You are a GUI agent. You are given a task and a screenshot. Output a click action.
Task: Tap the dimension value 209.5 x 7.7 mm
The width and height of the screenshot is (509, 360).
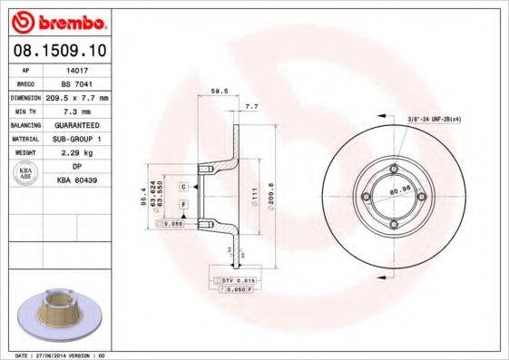77,97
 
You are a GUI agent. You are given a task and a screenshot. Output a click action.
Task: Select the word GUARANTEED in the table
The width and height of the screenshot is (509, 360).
77,124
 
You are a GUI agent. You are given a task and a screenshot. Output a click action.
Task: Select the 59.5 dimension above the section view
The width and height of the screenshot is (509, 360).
218,92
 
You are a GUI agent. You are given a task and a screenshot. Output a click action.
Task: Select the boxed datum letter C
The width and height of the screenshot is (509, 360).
183,186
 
